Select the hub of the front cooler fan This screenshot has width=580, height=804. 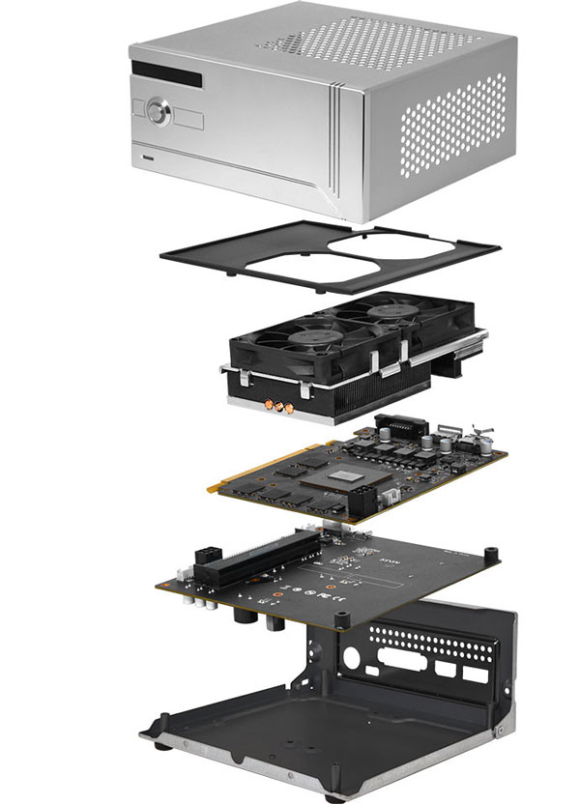[x=308, y=339]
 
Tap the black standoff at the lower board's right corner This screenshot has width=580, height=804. [x=493, y=554]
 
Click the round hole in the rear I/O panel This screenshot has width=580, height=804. [x=350, y=663]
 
